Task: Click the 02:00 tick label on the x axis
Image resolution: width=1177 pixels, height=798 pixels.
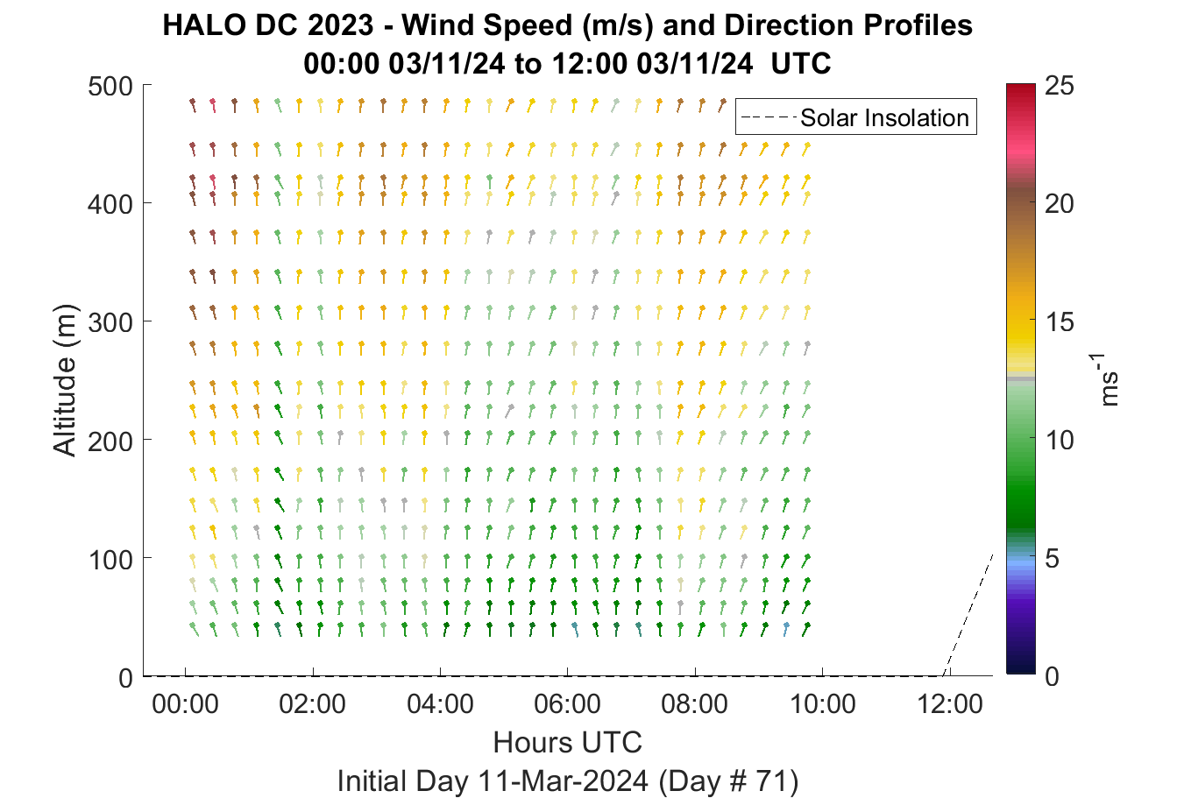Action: [312, 704]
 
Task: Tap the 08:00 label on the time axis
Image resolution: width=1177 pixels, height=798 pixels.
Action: [694, 704]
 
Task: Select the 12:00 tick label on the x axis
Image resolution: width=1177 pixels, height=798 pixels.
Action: [949, 704]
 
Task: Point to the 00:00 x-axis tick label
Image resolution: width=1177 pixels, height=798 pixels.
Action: [185, 704]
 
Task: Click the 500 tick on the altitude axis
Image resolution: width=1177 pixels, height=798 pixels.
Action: [110, 87]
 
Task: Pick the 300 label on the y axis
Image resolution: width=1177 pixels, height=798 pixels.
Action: [110, 323]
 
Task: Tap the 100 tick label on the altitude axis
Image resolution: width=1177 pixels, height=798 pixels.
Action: [110, 560]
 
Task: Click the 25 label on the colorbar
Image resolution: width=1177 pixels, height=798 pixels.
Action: [1060, 86]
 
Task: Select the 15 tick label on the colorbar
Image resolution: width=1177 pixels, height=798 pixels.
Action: [1060, 322]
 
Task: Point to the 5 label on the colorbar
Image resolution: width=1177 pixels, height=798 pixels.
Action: [1052, 559]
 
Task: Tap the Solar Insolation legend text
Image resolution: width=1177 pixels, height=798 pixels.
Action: [884, 117]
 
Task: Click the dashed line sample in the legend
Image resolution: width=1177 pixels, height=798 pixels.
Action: [769, 117]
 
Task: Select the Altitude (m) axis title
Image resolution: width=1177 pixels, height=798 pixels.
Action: [65, 380]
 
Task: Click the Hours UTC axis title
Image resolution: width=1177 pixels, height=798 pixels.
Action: [568, 742]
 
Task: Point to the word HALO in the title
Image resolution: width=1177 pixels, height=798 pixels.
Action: [204, 25]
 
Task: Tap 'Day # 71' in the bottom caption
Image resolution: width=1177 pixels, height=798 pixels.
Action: [728, 781]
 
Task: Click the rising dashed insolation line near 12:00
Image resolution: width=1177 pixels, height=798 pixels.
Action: [968, 615]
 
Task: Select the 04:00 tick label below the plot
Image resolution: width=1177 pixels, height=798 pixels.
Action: [440, 704]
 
